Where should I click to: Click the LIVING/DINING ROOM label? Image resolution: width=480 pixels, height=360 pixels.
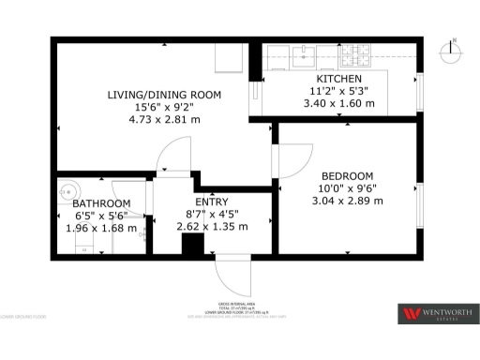coord(163,95)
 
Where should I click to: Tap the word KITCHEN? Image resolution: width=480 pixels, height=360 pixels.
coord(339,79)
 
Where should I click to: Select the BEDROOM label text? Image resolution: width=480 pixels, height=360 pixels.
coord(347,175)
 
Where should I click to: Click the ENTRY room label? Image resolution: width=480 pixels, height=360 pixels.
coord(211,202)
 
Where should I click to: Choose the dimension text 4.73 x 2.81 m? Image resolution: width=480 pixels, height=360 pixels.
coord(164,119)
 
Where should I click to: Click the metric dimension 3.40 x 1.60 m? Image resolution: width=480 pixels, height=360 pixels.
coord(339,103)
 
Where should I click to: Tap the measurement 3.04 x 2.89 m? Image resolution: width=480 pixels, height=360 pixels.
coord(347,200)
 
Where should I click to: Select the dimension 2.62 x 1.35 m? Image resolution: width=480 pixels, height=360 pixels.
coord(211,226)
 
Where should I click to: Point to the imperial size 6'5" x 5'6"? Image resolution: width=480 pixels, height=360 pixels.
coord(100,215)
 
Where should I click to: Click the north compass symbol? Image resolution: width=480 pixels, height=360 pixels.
coord(454,50)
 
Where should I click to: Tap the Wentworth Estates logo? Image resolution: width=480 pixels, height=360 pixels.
coord(438,314)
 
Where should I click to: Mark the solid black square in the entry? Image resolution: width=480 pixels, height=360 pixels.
coord(192,245)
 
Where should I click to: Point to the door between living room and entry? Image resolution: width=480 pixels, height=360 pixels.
coord(173,156)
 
